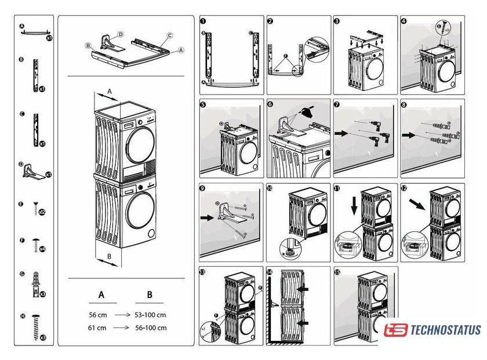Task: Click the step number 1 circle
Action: [203, 21]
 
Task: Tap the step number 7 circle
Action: [337, 105]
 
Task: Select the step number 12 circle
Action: [404, 189]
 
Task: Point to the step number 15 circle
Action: [337, 272]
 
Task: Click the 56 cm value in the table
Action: [97, 315]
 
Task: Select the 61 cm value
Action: [97, 328]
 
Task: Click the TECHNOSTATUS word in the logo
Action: [445, 330]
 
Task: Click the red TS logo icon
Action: [395, 330]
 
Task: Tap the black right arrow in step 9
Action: [207, 220]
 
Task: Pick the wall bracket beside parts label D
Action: [34, 170]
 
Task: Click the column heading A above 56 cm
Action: [101, 295]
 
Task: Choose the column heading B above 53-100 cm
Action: [150, 295]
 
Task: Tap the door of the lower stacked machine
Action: [140, 212]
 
